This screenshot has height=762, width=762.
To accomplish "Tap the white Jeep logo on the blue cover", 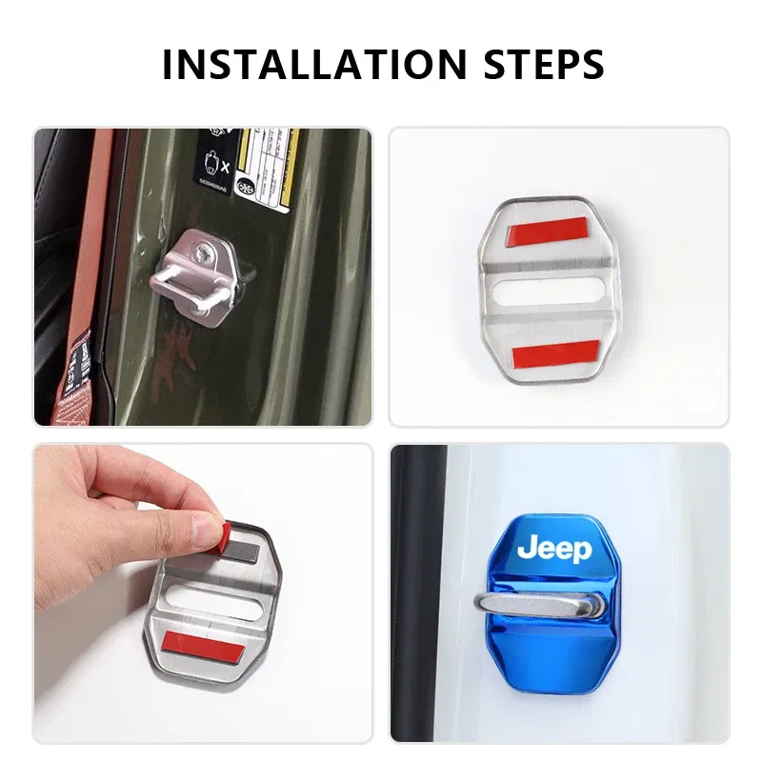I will point(553,550).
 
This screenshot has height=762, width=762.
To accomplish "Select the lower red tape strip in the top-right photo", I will point(555,353).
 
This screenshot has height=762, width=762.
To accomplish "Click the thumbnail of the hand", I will point(203,527).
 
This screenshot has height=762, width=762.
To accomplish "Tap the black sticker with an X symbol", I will point(214,162).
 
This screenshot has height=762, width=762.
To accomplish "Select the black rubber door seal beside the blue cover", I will point(419,591).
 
